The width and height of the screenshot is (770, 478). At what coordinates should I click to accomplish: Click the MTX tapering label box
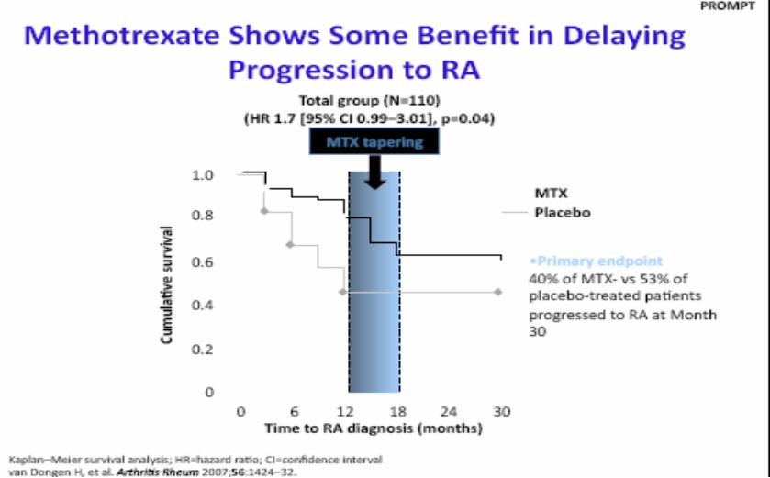pyautogui.click(x=374, y=142)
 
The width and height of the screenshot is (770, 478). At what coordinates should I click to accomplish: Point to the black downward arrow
pyautogui.click(x=375, y=172)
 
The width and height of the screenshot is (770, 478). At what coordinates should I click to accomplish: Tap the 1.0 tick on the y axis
pyautogui.click(x=202, y=175)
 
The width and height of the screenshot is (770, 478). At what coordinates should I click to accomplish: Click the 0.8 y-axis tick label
pyautogui.click(x=202, y=216)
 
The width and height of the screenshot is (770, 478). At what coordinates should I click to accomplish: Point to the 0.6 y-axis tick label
pyautogui.click(x=202, y=261)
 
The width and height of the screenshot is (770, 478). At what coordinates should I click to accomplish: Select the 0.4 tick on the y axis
pyautogui.click(x=202, y=306)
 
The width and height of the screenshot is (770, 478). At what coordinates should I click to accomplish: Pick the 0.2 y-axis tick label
pyautogui.click(x=202, y=349)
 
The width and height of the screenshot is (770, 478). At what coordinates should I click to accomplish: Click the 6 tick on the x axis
pyautogui.click(x=295, y=411)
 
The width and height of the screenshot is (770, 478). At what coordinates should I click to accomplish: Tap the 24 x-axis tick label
pyautogui.click(x=449, y=411)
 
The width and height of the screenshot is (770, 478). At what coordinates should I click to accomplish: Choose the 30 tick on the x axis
pyautogui.click(x=501, y=411)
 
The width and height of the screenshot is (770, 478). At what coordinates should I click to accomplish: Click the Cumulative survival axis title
pyautogui.click(x=167, y=284)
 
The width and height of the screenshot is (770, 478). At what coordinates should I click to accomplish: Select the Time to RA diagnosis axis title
pyautogui.click(x=374, y=428)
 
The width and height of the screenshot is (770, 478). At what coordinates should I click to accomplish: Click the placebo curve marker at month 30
pyautogui.click(x=498, y=292)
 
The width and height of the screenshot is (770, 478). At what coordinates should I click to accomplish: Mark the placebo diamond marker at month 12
pyautogui.click(x=342, y=292)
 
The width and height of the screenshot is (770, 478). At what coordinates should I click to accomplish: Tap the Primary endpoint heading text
pyautogui.click(x=597, y=261)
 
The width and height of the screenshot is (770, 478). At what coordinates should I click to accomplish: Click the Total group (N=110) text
pyautogui.click(x=369, y=101)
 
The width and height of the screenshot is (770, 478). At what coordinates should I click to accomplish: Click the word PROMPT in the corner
pyautogui.click(x=727, y=6)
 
